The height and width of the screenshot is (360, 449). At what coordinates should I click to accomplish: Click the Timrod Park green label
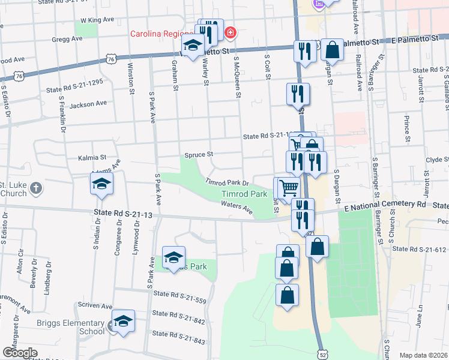pyautogui.click(x=244, y=194)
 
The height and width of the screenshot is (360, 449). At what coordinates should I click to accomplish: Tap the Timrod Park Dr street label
pyautogui.click(x=227, y=182)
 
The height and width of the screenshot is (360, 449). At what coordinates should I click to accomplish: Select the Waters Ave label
pyautogui.click(x=237, y=208)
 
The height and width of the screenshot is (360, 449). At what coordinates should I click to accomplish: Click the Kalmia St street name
pyautogui.click(x=92, y=158)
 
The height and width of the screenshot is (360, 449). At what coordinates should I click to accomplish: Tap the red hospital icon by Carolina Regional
pyautogui.click(x=229, y=32)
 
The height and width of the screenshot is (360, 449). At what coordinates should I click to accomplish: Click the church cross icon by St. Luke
pyautogui.click(x=35, y=188)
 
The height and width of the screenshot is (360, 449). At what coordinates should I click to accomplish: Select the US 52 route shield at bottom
pyautogui.click(x=324, y=347)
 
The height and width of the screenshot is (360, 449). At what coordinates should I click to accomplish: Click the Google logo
pyautogui.click(x=20, y=352)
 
